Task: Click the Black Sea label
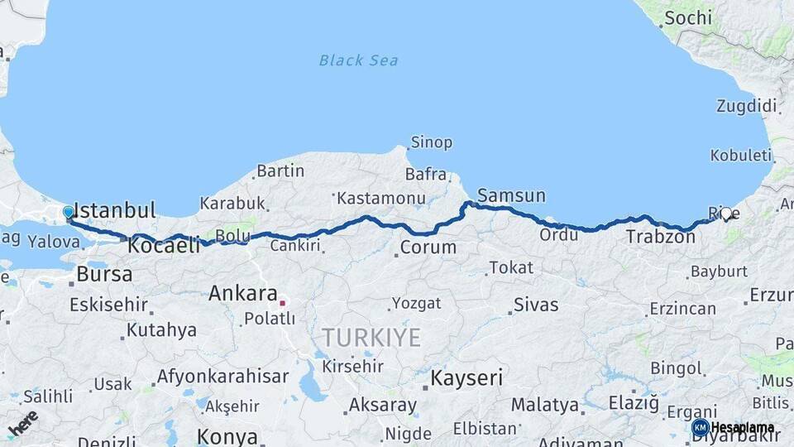[358, 60]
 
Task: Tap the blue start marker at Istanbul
[69, 213]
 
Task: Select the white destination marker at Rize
[726, 214]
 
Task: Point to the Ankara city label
[242, 293]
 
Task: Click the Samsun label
[511, 196]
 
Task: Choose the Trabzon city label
[660, 237]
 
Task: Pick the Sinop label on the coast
[432, 142]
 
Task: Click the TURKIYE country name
[371, 338]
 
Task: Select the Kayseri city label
[466, 378]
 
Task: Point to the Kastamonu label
[381, 199]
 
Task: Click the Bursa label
[104, 273]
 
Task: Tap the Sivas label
[536, 305]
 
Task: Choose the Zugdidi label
[746, 106]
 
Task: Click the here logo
[23, 423]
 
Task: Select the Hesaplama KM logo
[733, 427]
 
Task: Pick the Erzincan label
[682, 309]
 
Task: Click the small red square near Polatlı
[282, 303]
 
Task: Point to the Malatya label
[544, 406]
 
